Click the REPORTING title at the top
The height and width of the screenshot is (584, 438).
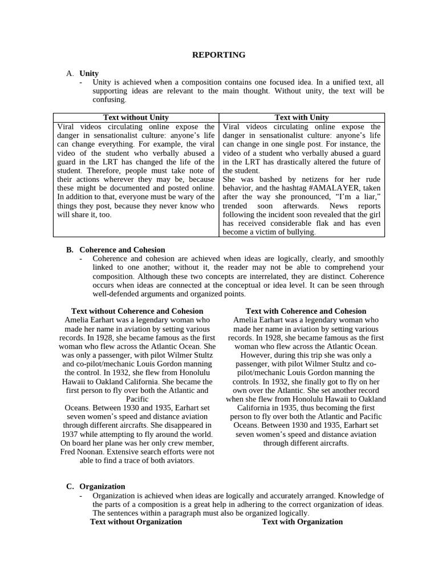point(219,55)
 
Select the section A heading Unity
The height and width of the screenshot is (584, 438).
point(89,74)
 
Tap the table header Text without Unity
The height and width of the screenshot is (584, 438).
point(136,117)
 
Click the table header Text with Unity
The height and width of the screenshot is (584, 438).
point(301,117)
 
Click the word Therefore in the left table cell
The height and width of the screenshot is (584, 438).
point(104,171)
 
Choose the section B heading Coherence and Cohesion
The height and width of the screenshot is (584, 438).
point(122,250)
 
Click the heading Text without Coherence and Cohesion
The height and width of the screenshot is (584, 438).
point(137,311)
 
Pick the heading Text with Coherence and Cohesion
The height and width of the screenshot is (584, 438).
point(306,311)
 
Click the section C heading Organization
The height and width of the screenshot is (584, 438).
point(102,486)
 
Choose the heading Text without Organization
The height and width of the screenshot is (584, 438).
point(136,522)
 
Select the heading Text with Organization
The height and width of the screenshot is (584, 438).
point(302,522)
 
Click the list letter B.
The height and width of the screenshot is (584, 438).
point(70,250)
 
